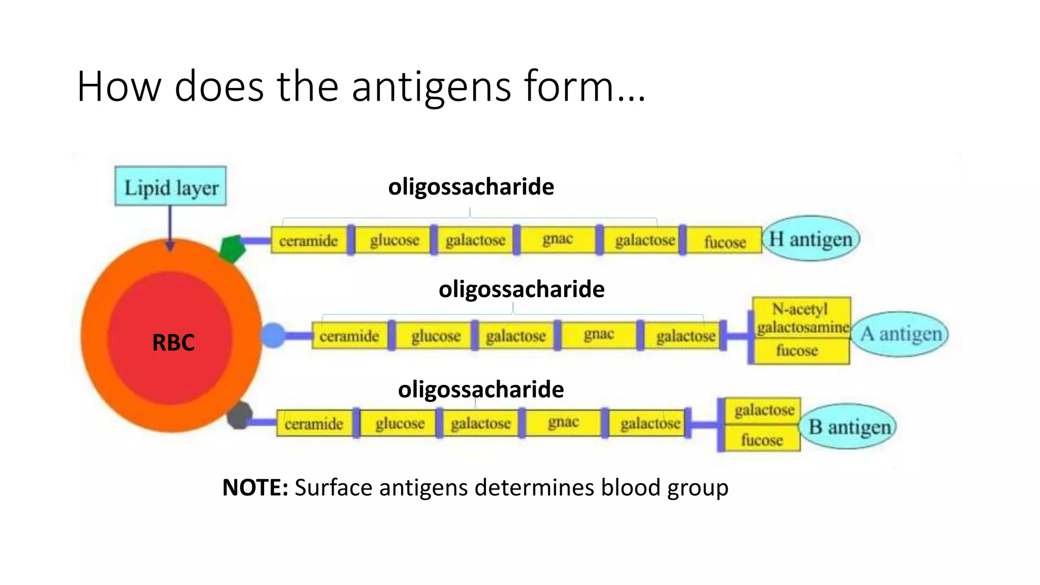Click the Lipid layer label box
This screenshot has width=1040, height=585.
[x=171, y=186]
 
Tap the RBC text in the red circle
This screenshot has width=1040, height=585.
[x=173, y=343]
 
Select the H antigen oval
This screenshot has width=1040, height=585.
[x=810, y=239]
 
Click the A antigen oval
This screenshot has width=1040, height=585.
[x=900, y=334]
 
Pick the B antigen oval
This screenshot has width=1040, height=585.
[x=849, y=427]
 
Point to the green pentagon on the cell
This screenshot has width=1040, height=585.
[x=232, y=248]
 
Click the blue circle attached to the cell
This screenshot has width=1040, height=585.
[x=274, y=336]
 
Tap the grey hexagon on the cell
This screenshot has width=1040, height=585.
[x=239, y=415]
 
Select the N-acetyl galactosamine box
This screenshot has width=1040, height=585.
[x=802, y=318]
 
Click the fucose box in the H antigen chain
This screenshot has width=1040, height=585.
[x=725, y=241]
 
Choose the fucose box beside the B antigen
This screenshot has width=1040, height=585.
[x=762, y=439]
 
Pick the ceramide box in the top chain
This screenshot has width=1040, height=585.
[x=309, y=240]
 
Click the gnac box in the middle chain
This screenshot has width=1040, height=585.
[x=599, y=335]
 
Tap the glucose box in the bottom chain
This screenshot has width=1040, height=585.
[x=400, y=423]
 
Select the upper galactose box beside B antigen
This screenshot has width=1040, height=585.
[x=763, y=410]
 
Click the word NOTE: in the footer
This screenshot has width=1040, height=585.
[x=255, y=487]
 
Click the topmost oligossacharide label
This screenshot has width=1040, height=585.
[x=471, y=186]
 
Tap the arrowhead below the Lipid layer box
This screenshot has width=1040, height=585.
[x=170, y=246]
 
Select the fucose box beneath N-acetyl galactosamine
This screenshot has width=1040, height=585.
[x=797, y=351]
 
